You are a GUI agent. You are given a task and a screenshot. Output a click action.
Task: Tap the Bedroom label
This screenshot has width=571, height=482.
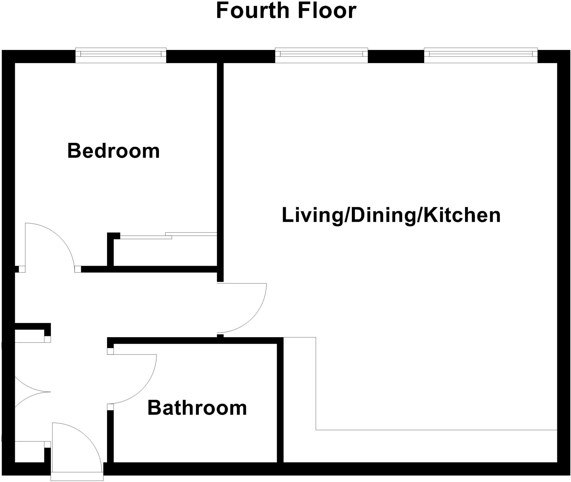click(113, 151)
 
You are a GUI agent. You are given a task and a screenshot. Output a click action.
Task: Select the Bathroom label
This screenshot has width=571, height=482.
click(197, 408)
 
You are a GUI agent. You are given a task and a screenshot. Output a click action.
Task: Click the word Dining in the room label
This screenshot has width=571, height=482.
click(383, 216)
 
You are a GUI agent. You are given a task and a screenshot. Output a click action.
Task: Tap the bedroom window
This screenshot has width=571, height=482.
click(121, 55)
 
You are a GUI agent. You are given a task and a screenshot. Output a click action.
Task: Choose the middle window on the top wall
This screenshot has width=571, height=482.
click(321, 55)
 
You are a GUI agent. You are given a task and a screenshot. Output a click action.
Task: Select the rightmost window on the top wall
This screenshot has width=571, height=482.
click(481, 55)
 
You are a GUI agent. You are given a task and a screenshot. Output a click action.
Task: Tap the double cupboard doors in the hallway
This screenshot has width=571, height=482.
click(31, 392)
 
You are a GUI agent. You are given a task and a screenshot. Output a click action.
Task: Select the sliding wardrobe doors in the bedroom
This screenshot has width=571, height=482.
click(167, 236)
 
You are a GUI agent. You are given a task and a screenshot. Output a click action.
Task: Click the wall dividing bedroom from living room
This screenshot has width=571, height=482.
click(220, 167)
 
